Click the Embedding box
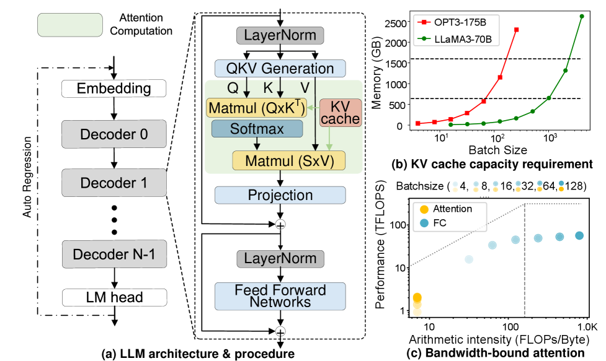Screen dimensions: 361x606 point(114,89)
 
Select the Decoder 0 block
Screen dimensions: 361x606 point(114,134)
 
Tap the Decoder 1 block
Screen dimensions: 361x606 point(114,183)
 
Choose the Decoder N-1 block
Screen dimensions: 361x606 point(114,254)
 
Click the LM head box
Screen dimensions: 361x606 point(114,297)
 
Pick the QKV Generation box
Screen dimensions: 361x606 point(280,68)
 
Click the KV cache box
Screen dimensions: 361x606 point(340,112)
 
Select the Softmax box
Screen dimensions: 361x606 point(257,129)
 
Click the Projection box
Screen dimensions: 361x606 point(280,195)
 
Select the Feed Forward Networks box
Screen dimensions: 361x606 point(280,296)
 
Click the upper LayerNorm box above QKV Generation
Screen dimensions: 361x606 point(280,35)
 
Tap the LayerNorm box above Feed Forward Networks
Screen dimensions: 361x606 point(280,258)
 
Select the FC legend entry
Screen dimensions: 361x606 point(437,222)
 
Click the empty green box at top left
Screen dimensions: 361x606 point(69,25)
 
